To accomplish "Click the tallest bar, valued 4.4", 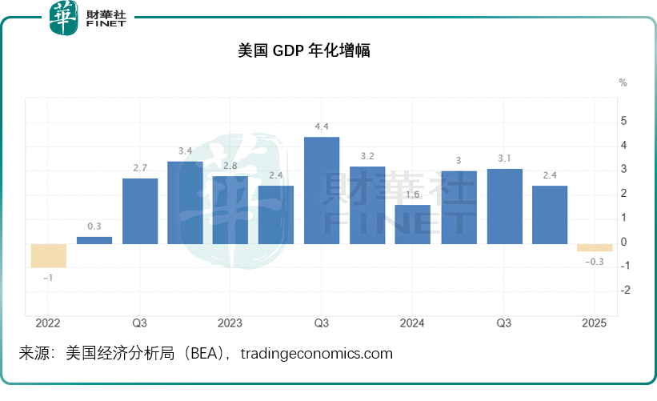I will (322, 190).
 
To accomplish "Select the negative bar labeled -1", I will (49, 255).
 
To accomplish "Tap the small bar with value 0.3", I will (94, 239).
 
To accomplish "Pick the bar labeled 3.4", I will (185, 203).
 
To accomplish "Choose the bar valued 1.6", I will (413, 224).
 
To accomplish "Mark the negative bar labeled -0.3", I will (595, 247).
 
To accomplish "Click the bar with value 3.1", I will (504, 206).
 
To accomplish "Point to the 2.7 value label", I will (139, 167).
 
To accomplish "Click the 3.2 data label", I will (367, 155).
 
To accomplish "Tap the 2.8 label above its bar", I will (230, 165).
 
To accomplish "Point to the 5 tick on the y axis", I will (624, 121).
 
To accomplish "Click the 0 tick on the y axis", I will (624, 242).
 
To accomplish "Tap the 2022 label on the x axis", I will (48, 323).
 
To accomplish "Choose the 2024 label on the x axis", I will (412, 323).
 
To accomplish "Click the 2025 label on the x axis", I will (595, 323).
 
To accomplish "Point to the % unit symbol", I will (623, 82).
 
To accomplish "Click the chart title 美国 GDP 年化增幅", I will (303, 50).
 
